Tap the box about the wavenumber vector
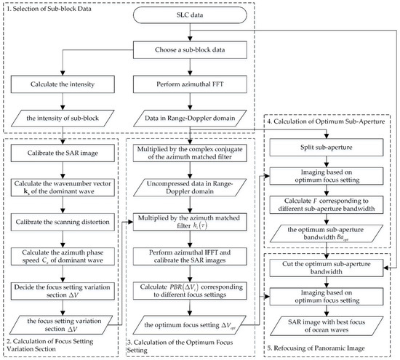66,183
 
